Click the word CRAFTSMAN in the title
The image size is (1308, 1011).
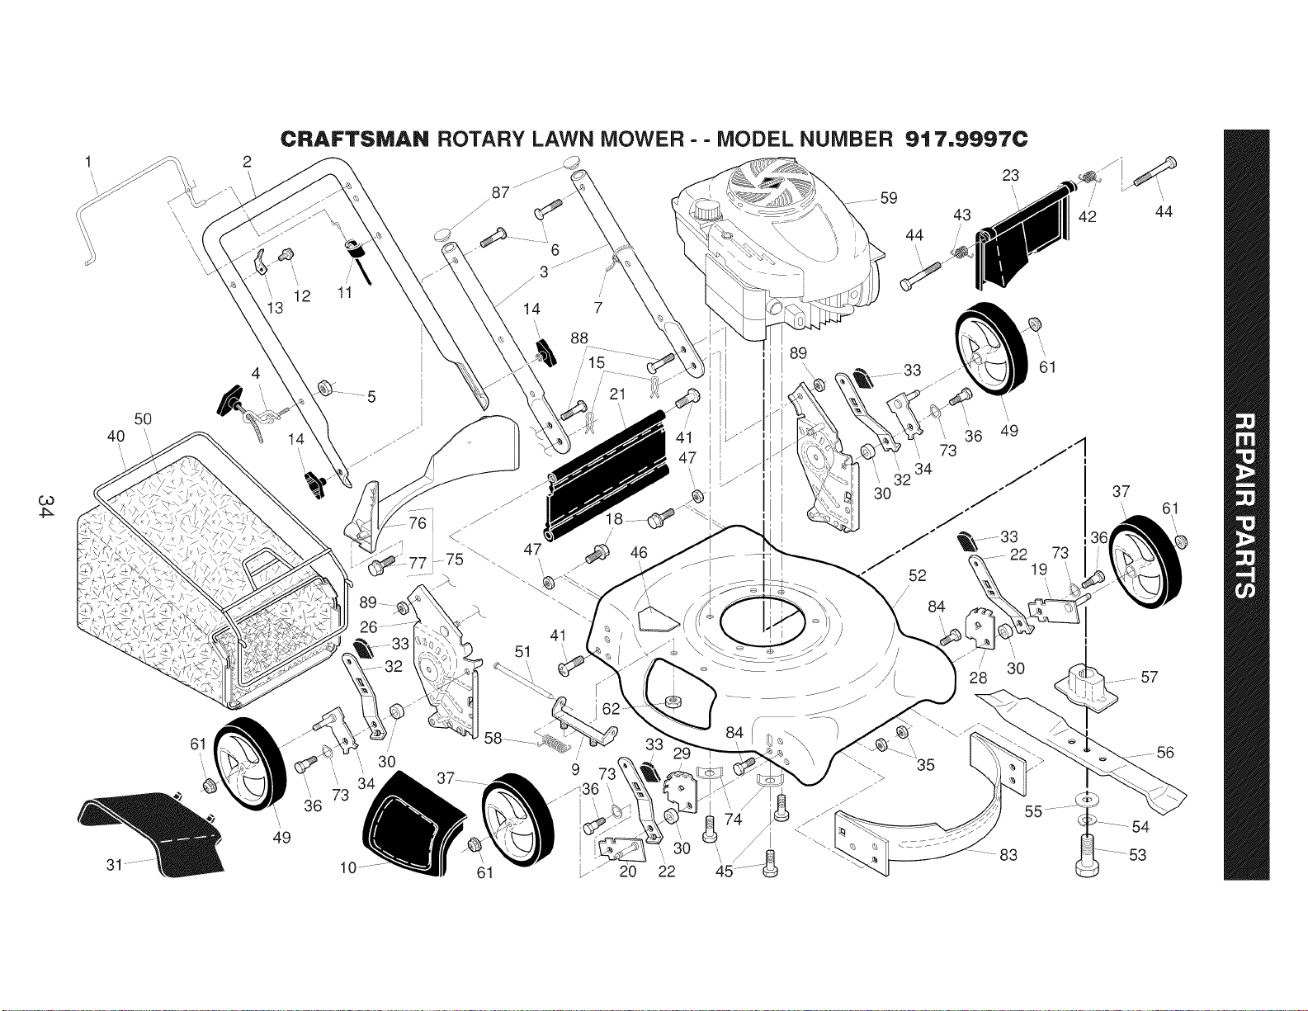pyautogui.click(x=355, y=140)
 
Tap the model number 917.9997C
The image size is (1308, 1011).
pyautogui.click(x=966, y=140)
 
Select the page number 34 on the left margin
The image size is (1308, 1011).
pyautogui.click(x=45, y=505)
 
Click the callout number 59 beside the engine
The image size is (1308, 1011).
pyautogui.click(x=889, y=198)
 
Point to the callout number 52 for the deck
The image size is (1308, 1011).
pyautogui.click(x=918, y=576)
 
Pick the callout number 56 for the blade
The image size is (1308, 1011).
pyautogui.click(x=1164, y=752)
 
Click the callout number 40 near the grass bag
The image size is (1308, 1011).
pyautogui.click(x=116, y=436)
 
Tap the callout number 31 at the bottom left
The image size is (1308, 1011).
pyautogui.click(x=115, y=865)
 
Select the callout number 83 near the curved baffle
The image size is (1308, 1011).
pyautogui.click(x=1008, y=854)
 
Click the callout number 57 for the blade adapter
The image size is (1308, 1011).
pyautogui.click(x=1149, y=677)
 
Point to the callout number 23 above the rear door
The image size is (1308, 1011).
pyautogui.click(x=1011, y=175)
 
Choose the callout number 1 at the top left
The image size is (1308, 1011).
pyautogui.click(x=88, y=161)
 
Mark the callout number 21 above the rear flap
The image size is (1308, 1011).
pyautogui.click(x=617, y=394)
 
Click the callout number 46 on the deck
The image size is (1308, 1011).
pyautogui.click(x=640, y=552)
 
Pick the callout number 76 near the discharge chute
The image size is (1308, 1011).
pyautogui.click(x=417, y=523)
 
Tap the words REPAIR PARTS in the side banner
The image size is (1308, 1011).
pyautogui.click(x=1245, y=505)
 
